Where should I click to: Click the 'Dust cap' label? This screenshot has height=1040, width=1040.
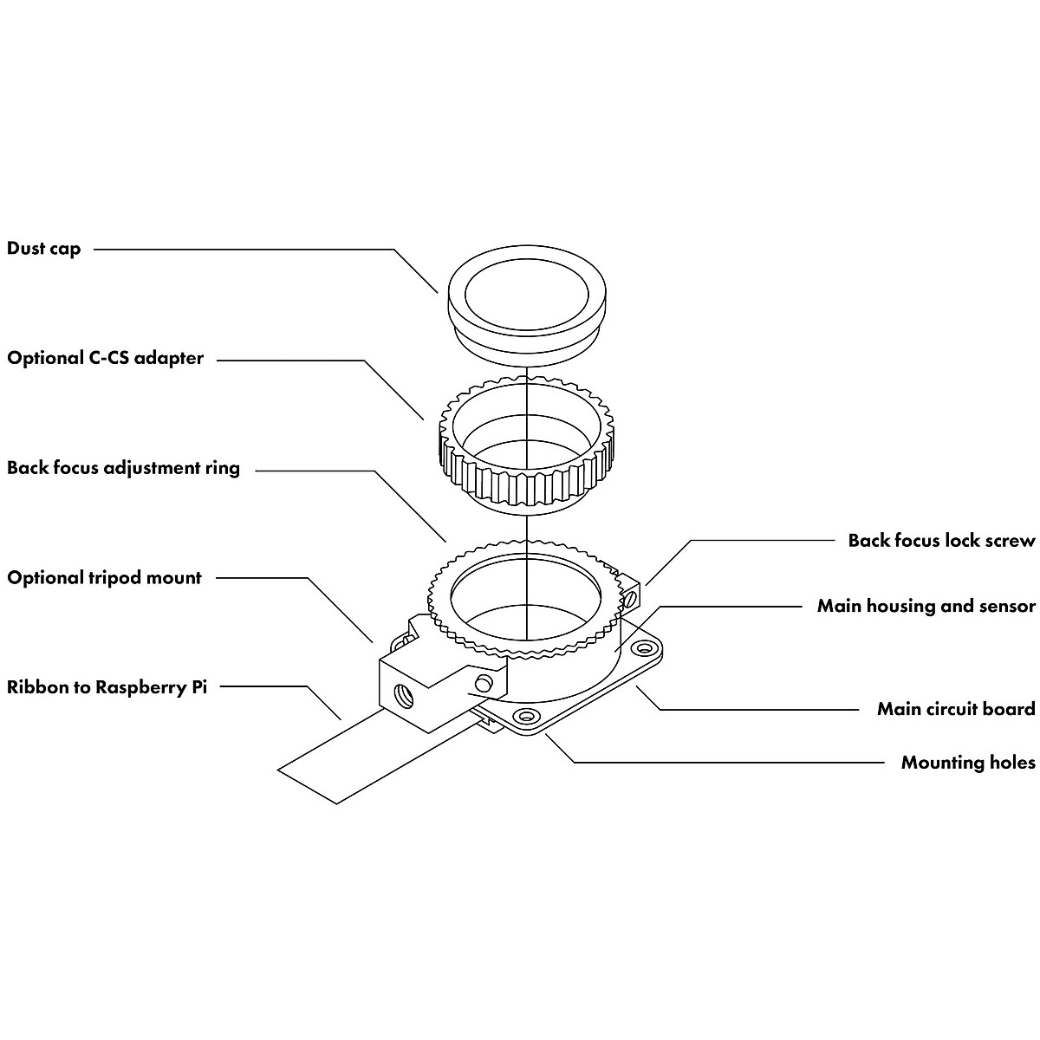point(43,249)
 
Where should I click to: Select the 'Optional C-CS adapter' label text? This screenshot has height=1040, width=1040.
point(105,358)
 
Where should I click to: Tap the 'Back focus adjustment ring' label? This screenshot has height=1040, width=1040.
point(123,468)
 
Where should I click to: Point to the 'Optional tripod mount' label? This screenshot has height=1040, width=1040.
point(104,578)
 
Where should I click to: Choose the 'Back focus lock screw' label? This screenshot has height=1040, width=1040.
point(941,540)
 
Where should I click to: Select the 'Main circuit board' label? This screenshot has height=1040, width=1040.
point(956,709)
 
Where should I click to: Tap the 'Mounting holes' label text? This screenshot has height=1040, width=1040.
point(968,763)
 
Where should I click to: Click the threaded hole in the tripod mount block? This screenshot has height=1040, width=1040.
point(404,696)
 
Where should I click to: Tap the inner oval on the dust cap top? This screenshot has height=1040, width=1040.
point(526,298)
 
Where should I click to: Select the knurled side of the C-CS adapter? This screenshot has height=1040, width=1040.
point(526,478)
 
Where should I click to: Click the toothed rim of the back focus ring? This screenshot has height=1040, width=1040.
point(525,599)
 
